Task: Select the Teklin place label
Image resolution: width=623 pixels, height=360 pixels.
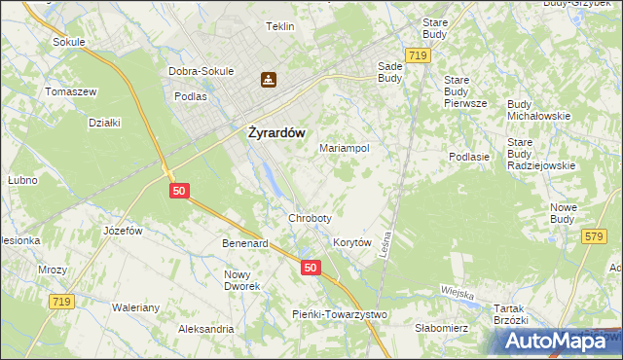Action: (x=279, y=26)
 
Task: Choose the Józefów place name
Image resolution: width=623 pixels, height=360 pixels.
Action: (x=123, y=231)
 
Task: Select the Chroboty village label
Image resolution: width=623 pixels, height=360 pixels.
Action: (x=310, y=218)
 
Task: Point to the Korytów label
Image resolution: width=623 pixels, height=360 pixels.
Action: (x=352, y=242)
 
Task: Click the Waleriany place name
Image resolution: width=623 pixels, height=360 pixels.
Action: (x=135, y=307)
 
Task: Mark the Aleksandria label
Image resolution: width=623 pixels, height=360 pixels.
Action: (x=205, y=329)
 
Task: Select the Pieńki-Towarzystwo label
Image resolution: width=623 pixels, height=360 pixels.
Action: (x=340, y=313)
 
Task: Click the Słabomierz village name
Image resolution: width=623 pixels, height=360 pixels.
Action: (x=442, y=328)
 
